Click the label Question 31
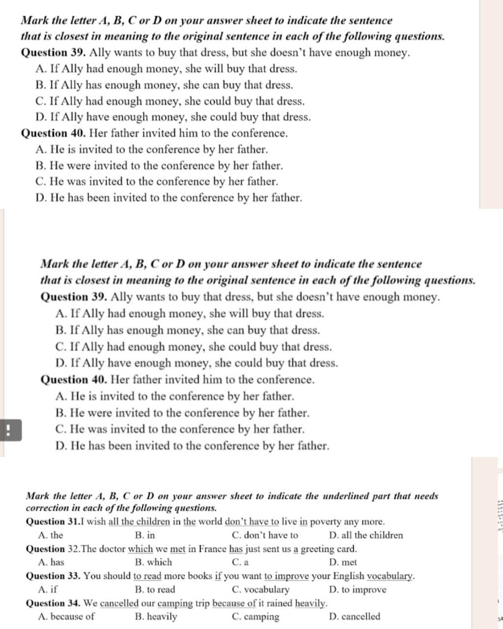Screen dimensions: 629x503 point(53,522)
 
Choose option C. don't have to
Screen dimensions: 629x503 point(264,536)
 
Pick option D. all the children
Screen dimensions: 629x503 point(366,536)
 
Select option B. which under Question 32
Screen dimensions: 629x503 point(153,563)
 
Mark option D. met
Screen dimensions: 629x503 point(343,563)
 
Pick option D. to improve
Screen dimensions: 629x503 point(358,590)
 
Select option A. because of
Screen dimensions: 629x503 point(66,617)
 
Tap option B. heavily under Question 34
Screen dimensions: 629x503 point(156,617)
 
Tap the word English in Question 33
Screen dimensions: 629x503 point(348,576)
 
